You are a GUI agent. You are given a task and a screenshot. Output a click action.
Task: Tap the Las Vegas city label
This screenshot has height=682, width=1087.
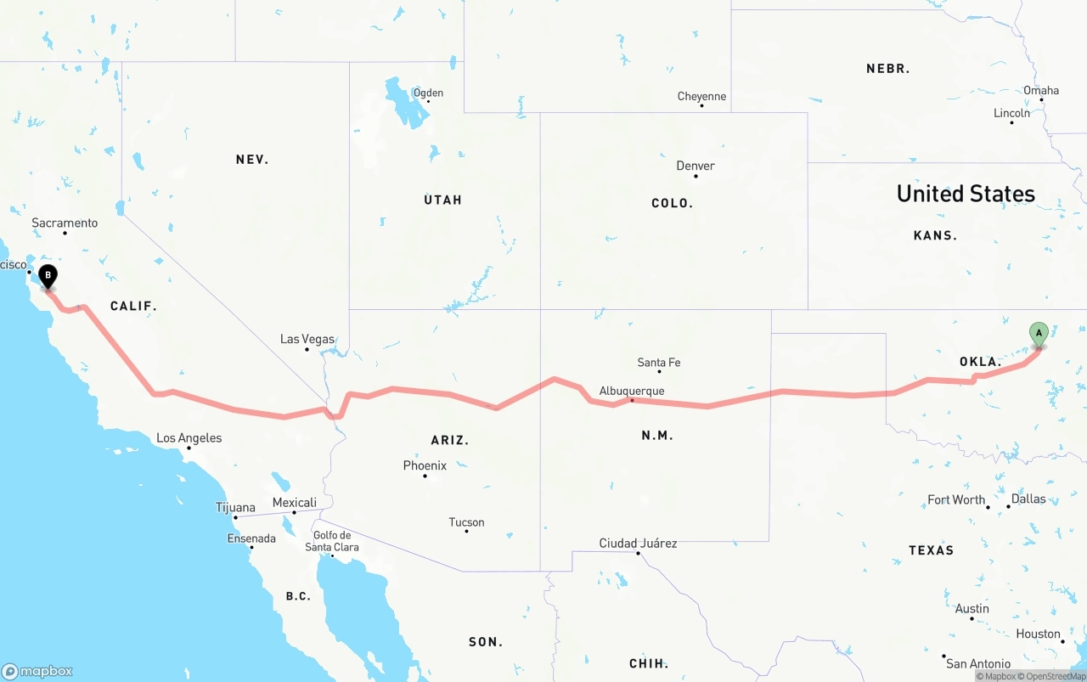point(307,339)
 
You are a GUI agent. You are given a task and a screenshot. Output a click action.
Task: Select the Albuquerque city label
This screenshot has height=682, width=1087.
point(632,391)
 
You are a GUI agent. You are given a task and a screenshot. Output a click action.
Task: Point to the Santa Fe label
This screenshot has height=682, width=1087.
point(659,363)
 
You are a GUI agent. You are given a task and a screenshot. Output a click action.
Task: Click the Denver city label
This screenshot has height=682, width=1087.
point(696,166)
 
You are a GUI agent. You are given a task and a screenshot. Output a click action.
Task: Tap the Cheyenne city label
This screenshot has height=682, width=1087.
point(701,97)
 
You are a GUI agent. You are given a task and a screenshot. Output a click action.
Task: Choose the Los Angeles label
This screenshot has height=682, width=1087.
point(189,438)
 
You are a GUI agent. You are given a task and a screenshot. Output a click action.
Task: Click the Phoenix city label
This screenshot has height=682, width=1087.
point(425,465)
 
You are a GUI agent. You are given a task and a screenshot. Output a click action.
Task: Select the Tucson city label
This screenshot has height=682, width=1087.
point(466,522)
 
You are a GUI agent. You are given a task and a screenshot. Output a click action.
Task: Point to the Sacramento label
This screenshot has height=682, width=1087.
point(65,223)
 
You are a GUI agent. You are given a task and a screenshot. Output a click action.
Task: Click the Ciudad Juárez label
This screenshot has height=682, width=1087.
point(638,543)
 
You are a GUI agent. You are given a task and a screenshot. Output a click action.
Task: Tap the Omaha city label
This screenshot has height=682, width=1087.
point(1041,90)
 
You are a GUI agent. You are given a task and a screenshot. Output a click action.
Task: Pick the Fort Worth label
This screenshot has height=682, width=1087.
point(956,499)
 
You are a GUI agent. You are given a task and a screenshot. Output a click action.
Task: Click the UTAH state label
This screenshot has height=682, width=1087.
point(442,200)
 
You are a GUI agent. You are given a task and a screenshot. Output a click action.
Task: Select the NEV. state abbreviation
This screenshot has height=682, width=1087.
point(252,159)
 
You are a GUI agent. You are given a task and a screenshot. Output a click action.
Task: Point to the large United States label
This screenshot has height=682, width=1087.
point(966,194)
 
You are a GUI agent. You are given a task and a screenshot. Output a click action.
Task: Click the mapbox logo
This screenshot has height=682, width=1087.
point(37,671)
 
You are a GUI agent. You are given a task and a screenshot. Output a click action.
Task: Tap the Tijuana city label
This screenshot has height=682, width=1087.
point(235,507)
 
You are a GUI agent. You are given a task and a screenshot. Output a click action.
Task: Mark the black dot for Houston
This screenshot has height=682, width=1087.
point(1062,641)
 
